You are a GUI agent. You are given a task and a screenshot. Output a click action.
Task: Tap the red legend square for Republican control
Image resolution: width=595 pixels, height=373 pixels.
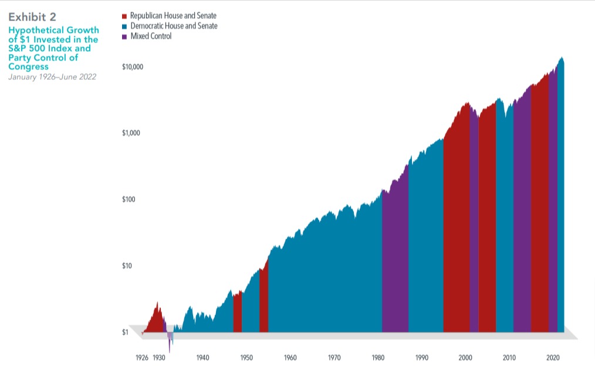tap(124, 16)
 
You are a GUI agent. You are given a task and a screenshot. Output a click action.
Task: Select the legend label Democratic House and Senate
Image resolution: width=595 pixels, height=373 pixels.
tap(173, 26)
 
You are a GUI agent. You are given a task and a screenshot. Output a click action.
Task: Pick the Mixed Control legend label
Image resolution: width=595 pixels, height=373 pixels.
tap(151, 36)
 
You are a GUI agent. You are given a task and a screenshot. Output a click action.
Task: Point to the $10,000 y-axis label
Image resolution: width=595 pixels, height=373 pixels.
tap(133, 67)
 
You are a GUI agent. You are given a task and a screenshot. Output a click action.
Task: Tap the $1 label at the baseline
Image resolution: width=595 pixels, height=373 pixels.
tap(124, 332)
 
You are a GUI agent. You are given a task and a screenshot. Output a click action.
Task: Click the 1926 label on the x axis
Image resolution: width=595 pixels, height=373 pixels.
tap(143, 357)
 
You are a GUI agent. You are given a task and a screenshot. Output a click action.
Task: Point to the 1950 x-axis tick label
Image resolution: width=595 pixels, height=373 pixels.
tap(246, 357)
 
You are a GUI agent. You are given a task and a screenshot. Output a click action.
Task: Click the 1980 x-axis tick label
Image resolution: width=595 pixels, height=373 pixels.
tap(378, 357)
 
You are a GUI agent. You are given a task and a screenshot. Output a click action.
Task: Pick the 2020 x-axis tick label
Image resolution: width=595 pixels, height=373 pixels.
tap(553, 357)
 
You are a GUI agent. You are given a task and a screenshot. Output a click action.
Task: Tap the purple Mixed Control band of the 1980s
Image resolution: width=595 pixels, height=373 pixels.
tap(395, 264)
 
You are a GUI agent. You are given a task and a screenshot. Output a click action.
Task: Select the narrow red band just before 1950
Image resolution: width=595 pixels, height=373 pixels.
tap(238, 314)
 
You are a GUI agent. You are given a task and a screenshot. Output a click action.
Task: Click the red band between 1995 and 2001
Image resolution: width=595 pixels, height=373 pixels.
tap(457, 235)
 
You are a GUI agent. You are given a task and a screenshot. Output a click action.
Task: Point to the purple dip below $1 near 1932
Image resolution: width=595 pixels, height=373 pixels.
tap(170, 343)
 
